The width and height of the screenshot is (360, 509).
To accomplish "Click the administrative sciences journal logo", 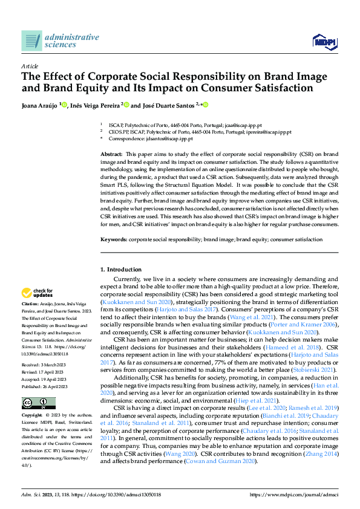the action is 60,41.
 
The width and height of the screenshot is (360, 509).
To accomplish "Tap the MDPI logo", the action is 323,41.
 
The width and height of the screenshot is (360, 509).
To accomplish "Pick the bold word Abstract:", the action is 111,155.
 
